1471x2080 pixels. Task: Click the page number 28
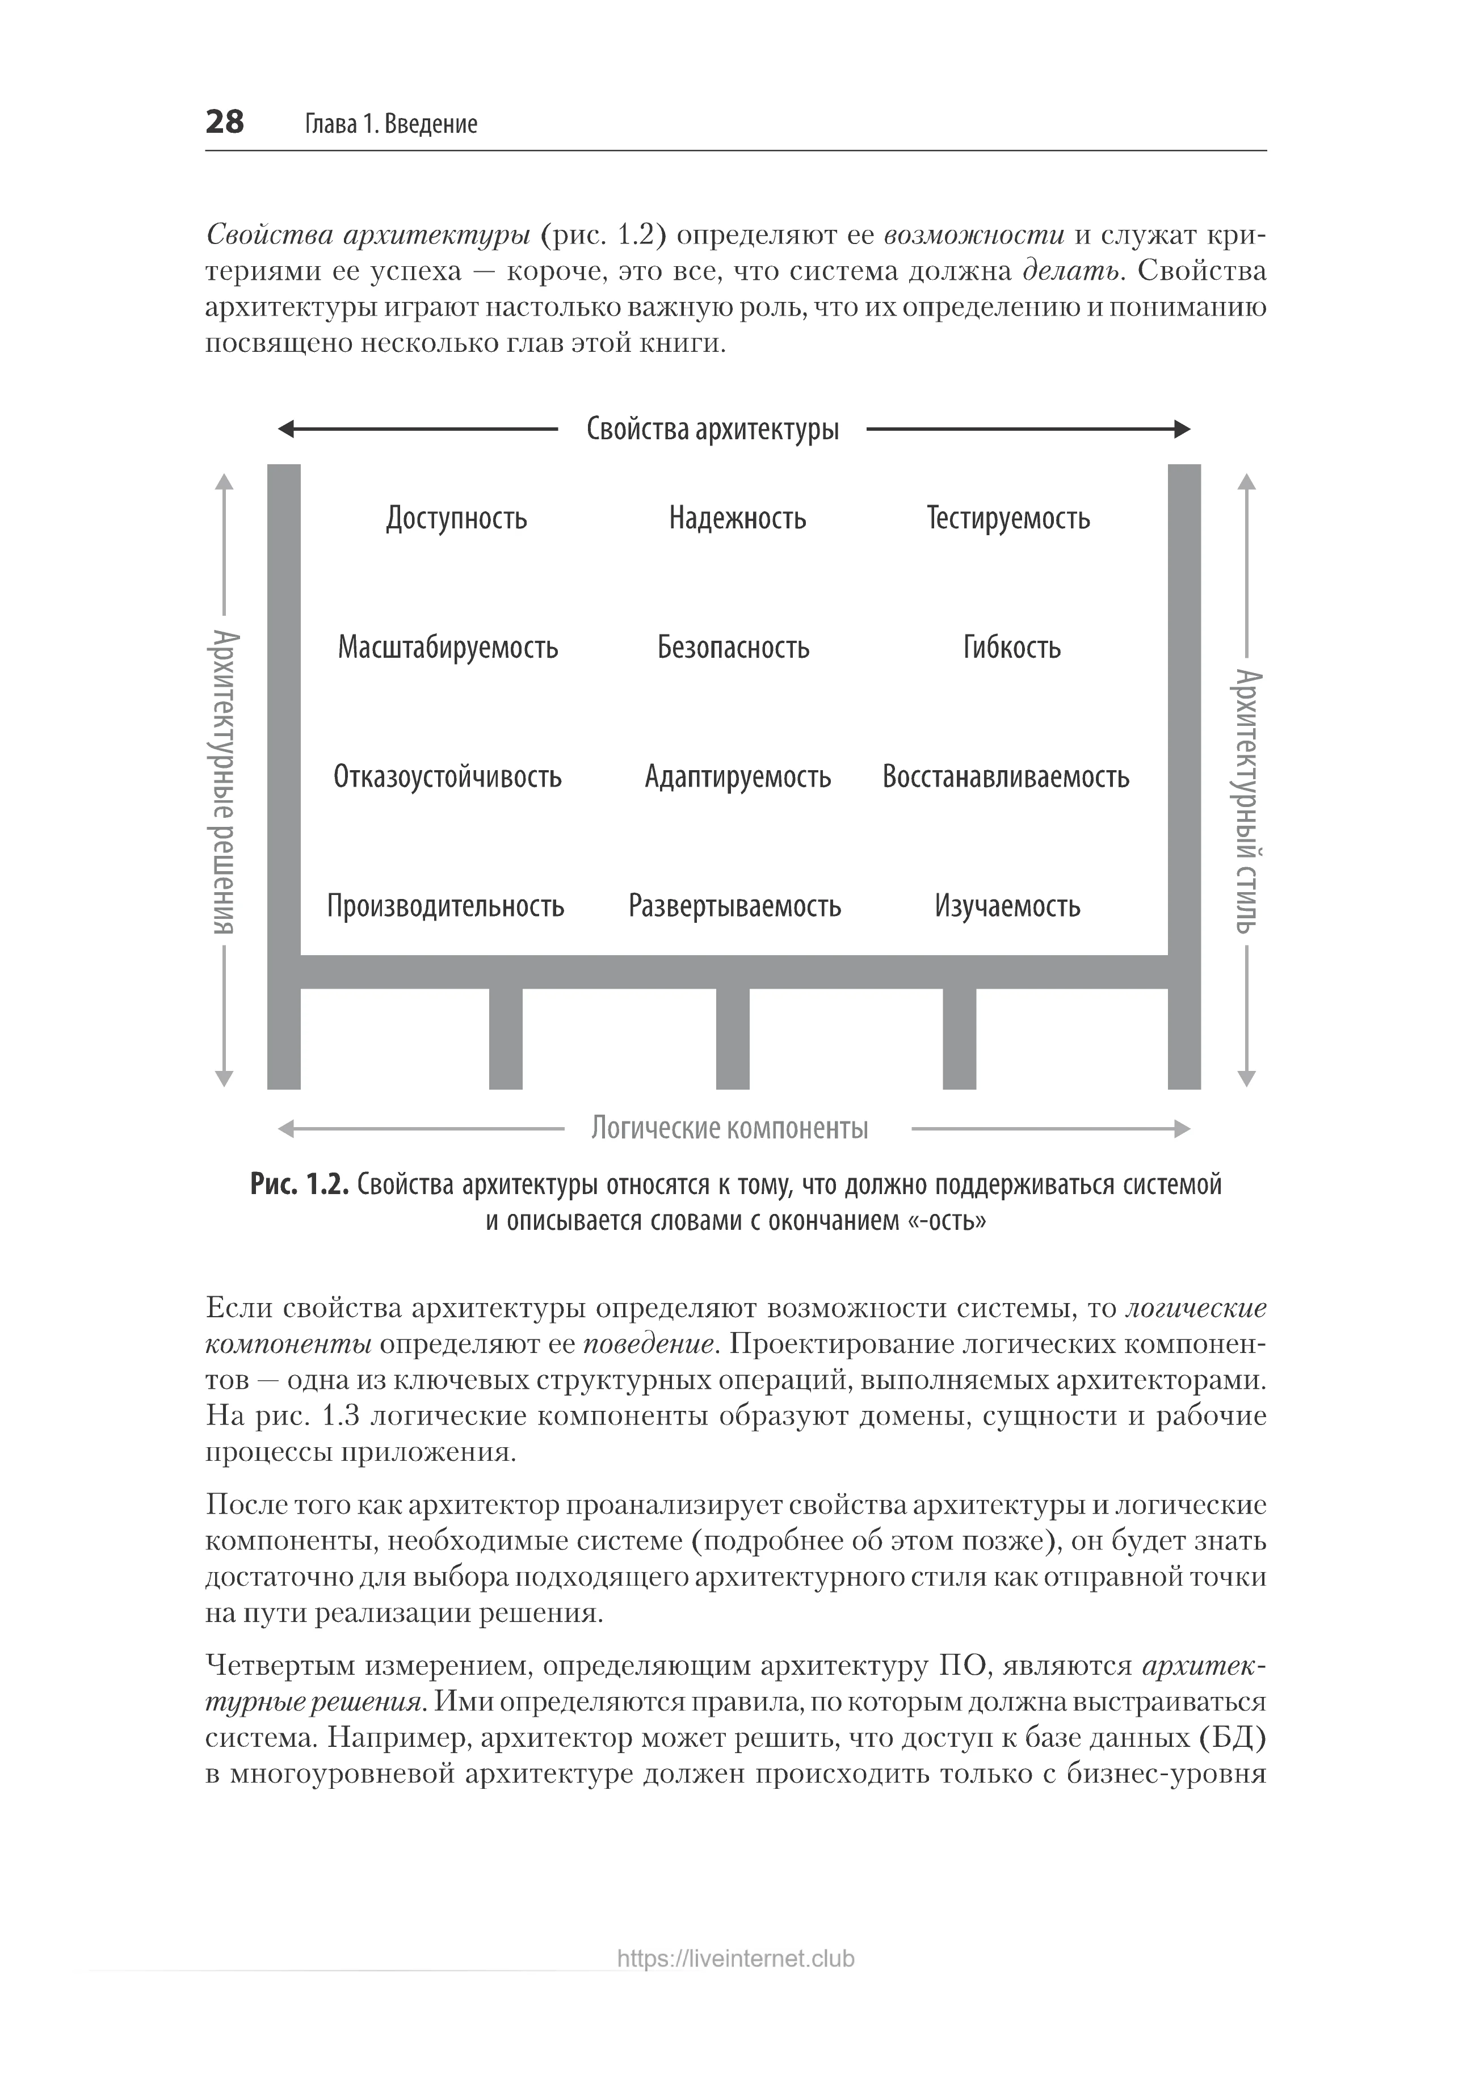point(225,121)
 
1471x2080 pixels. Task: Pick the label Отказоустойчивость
point(447,778)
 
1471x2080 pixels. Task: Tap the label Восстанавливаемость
point(1006,778)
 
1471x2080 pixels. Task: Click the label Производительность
point(445,906)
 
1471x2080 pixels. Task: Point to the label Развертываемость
point(734,906)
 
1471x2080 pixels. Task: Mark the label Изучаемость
point(1007,906)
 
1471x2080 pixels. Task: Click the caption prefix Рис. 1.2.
point(299,1185)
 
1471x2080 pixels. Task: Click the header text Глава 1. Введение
point(390,124)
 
